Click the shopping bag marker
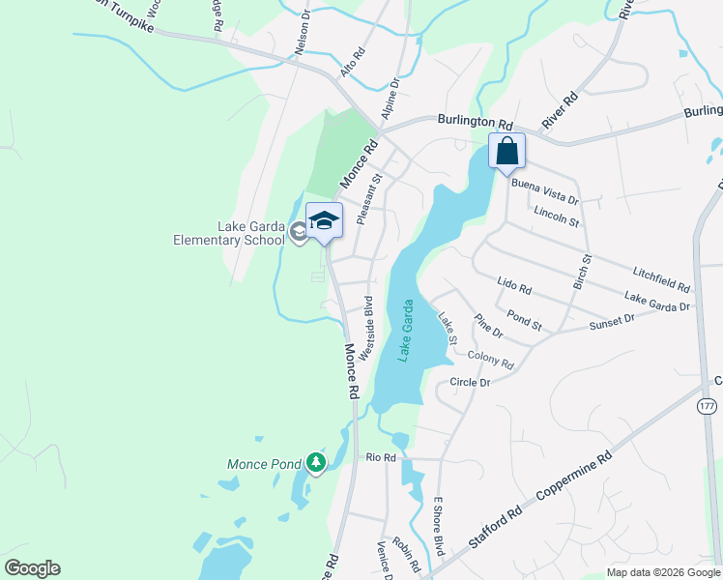pyautogui.click(x=507, y=152)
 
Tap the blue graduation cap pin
pyautogui.click(x=324, y=221)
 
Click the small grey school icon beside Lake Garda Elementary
pyautogui.click(x=300, y=232)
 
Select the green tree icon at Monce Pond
pyautogui.click(x=315, y=464)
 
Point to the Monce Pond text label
pyautogui.click(x=264, y=464)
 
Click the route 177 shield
pyautogui.click(x=707, y=406)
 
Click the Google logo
pyautogui.click(x=32, y=568)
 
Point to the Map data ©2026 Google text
pyautogui.click(x=662, y=572)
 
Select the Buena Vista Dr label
pyautogui.click(x=544, y=193)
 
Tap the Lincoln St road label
pyautogui.click(x=556, y=216)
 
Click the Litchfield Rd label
pyautogui.click(x=662, y=281)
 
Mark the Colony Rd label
pyautogui.click(x=490, y=361)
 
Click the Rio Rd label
pyautogui.click(x=381, y=457)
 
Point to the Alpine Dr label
pyautogui.click(x=390, y=100)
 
